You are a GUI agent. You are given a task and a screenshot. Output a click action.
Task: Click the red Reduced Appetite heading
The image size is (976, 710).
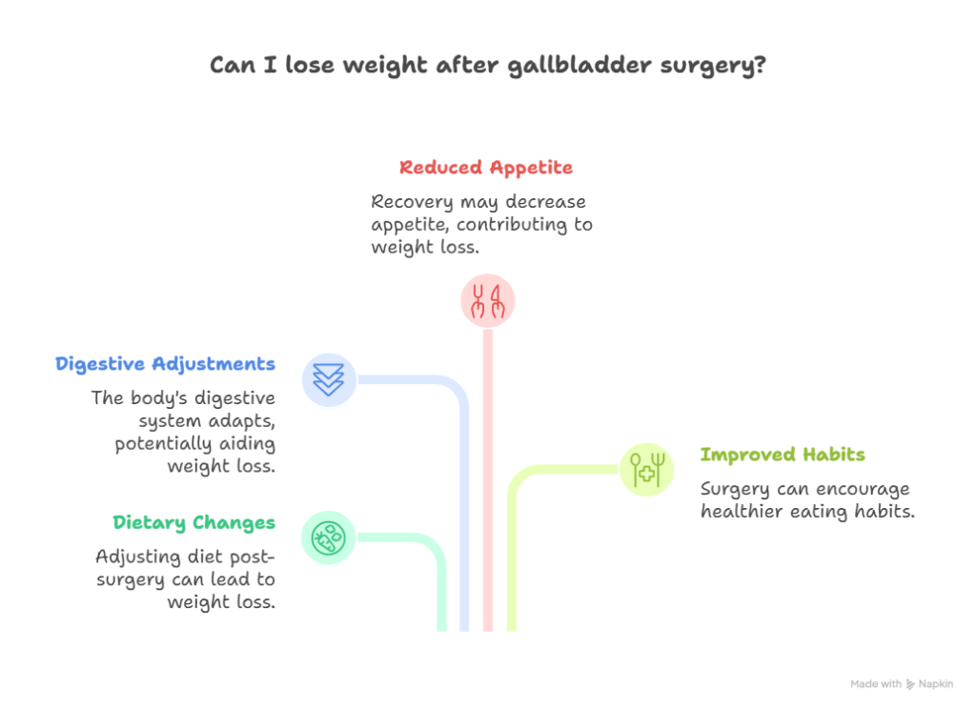click(x=485, y=169)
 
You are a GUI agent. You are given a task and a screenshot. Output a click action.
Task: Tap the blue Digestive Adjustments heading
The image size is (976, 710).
click(x=166, y=364)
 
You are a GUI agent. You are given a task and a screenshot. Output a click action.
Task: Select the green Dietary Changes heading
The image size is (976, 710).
click(x=193, y=522)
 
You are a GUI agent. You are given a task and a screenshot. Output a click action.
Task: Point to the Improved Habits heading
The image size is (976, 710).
click(x=783, y=455)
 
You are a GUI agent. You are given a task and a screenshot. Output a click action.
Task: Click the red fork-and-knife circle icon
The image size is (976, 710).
click(x=487, y=301)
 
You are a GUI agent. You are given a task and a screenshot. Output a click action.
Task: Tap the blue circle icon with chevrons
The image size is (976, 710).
click(x=328, y=379)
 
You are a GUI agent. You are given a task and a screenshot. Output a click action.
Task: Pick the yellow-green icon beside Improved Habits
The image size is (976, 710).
click(x=646, y=469)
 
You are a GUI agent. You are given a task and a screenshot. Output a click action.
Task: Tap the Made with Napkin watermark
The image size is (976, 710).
click(x=902, y=685)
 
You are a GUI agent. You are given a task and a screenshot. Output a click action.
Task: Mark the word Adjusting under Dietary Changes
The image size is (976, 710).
click(x=131, y=556)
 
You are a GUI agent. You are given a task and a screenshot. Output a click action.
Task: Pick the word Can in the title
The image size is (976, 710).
click(x=230, y=67)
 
